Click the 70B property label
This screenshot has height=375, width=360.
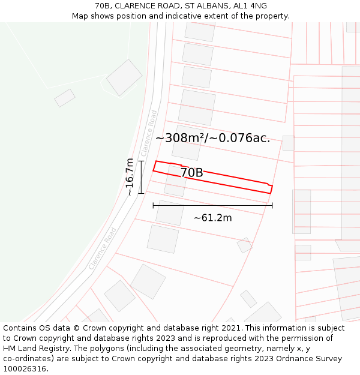coord(191,173)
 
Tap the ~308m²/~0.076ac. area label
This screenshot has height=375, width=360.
coord(213,138)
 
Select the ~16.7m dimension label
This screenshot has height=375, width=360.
coord(130,177)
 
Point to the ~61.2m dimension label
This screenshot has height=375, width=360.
coord(212,218)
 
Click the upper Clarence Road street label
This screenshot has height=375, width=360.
coord(149,133)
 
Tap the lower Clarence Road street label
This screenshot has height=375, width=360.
coord(102,248)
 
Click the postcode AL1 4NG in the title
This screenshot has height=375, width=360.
coord(251,6)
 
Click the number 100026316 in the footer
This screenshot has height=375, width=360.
coord(25,369)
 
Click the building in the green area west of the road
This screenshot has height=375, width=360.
coord(124,77)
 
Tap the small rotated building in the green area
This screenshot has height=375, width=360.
coord(65,98)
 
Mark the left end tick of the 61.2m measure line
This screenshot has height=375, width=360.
coord(153,205)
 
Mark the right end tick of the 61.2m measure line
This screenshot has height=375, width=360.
coord(272,205)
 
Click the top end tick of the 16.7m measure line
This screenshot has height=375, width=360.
coord(141,161)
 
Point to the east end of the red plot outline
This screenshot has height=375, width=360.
coord(271,189)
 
